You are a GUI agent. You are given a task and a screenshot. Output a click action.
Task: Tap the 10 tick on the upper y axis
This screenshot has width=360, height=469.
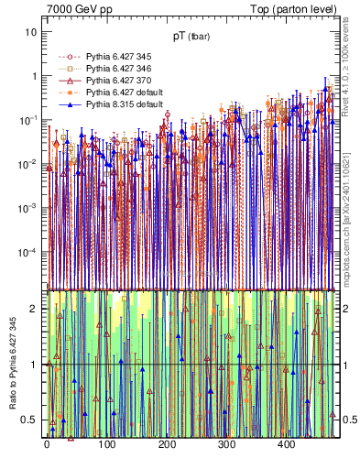point(31,32)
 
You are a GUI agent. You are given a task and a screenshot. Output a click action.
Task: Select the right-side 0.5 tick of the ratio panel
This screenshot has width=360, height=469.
point(346,420)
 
